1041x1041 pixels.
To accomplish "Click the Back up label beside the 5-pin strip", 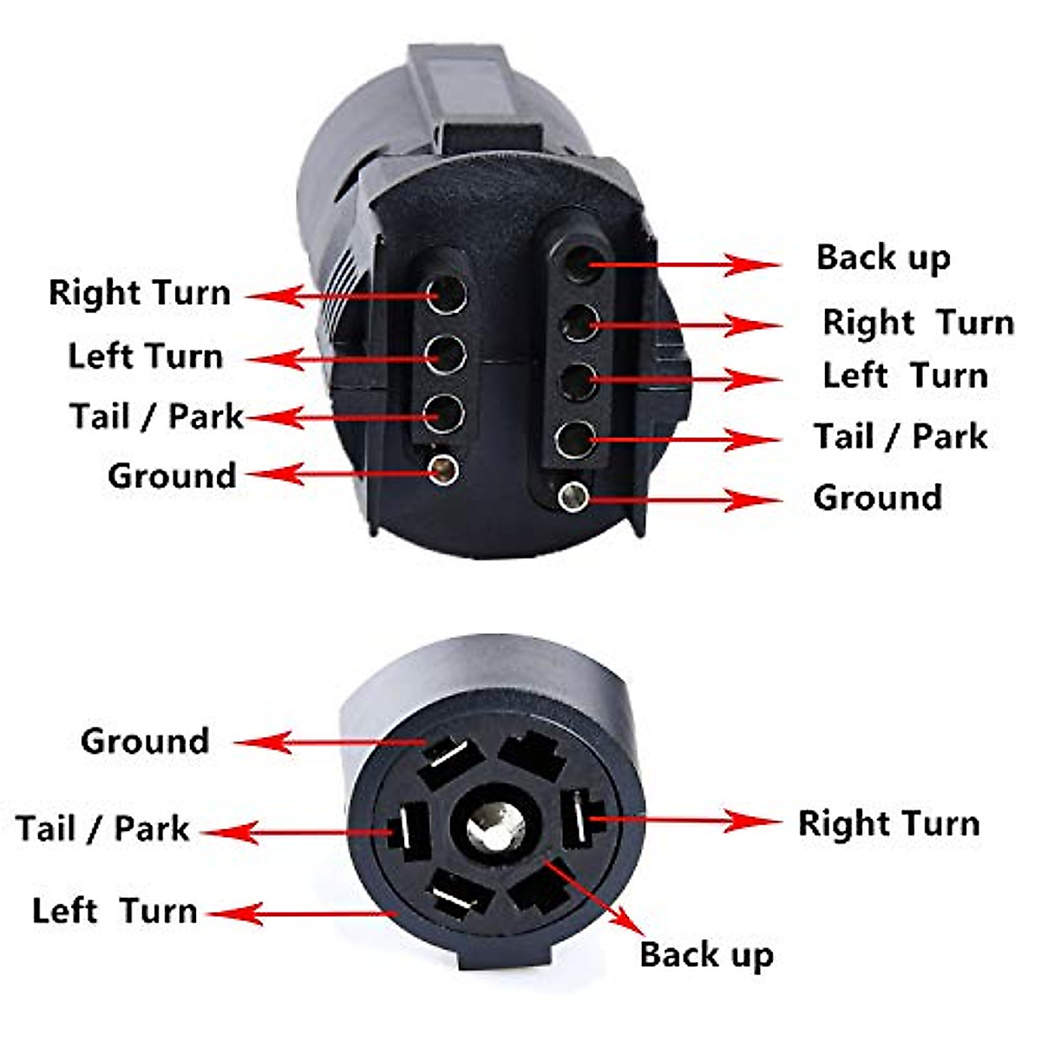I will pos(883,258).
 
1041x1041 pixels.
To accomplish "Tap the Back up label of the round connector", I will pos(706,954).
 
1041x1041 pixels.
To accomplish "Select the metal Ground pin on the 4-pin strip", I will pos(445,469).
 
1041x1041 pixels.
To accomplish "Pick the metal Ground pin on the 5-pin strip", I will pos(573,497).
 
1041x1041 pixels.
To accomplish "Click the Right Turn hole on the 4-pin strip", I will pos(447,295).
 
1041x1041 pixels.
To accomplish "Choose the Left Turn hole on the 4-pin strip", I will pos(447,354).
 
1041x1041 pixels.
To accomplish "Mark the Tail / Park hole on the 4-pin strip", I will pos(445,414).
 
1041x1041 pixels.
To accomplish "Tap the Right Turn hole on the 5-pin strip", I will pos(579,324).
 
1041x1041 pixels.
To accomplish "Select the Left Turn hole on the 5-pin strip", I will pos(578,381).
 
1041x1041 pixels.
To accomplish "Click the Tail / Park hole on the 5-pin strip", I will pos(575,439).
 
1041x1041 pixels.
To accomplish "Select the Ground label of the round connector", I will pos(145,742).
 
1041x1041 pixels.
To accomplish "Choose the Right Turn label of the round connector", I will pos(888,823).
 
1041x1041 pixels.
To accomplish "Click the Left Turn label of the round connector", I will pos(115,912).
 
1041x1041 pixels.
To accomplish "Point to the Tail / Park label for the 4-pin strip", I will pos(156,416).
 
